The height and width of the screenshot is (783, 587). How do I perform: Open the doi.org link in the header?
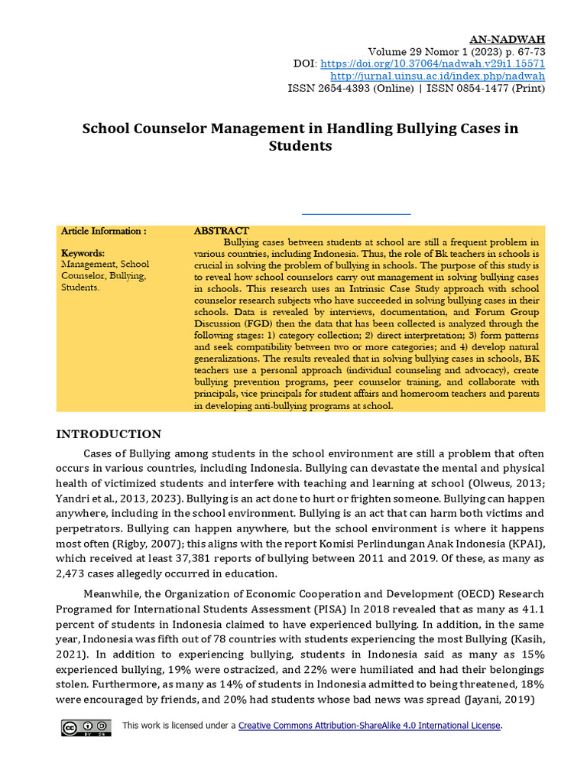(x=432, y=63)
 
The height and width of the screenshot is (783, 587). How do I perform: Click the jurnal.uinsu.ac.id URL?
(x=437, y=76)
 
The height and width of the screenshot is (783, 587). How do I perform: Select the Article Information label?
(x=103, y=231)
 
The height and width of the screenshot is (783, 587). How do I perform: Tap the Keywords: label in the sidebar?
(x=83, y=253)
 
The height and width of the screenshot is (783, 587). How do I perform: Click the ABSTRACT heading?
(x=221, y=231)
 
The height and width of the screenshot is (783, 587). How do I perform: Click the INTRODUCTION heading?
(x=109, y=434)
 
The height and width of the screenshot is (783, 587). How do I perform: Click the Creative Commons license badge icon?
(x=86, y=727)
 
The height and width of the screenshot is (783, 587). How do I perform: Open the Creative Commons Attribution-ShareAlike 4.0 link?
(x=370, y=726)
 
